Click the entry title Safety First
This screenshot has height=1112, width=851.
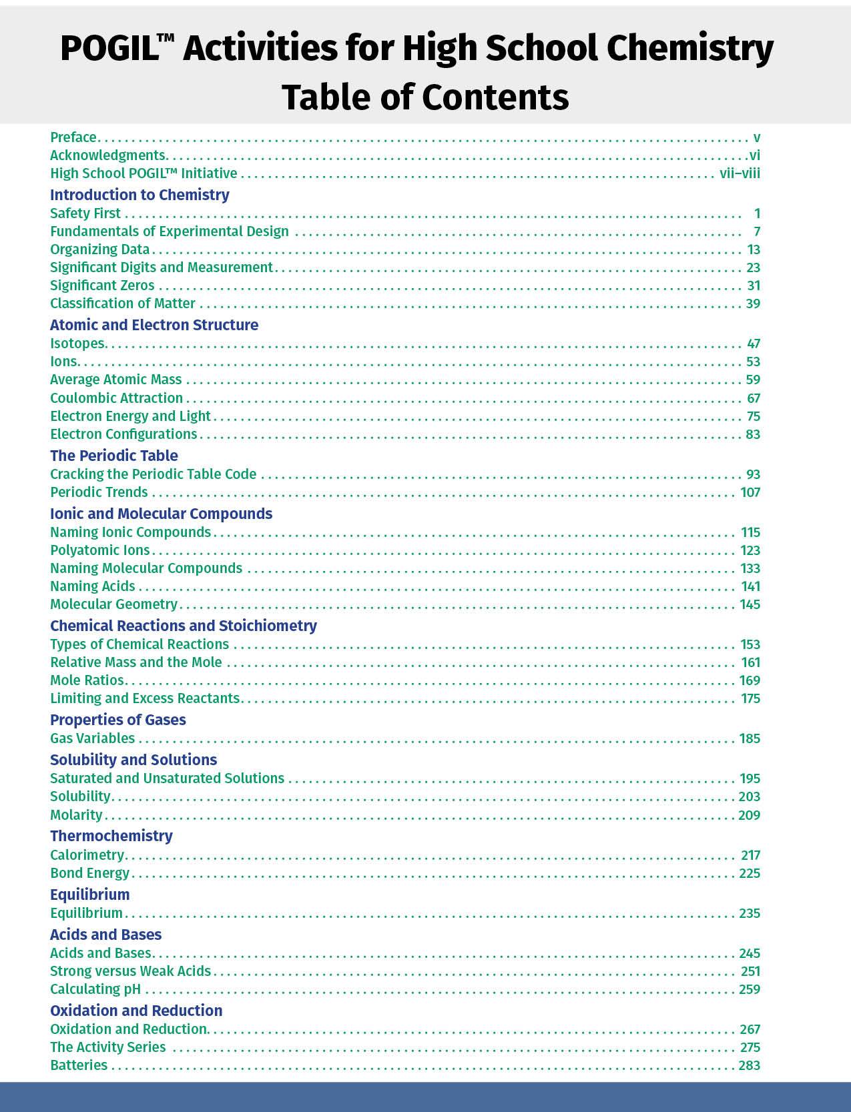pos(85,213)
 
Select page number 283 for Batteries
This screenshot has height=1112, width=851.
pos(750,1065)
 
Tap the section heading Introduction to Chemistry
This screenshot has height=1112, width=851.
pos(139,195)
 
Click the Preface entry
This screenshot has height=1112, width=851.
pos(73,137)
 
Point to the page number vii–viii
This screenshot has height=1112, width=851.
pos(740,173)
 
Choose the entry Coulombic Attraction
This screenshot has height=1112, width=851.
pos(116,398)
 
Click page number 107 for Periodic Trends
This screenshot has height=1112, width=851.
pos(750,492)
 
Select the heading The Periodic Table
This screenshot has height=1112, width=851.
pos(114,456)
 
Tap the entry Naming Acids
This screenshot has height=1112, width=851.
pos(93,586)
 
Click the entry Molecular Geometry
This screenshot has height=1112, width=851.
pos(113,604)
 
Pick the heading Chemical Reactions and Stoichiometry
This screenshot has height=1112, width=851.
pos(184,626)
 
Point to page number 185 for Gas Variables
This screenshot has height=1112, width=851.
pos(750,738)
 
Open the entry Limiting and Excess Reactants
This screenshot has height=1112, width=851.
pos(145,698)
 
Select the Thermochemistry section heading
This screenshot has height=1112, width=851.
pos(111,836)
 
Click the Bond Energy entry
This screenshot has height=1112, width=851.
pos(90,873)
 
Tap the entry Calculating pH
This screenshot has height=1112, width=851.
pos(95,989)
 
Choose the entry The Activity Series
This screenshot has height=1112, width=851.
pos(108,1047)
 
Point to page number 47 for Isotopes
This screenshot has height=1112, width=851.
pos(754,344)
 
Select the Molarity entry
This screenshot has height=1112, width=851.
pos(76,815)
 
